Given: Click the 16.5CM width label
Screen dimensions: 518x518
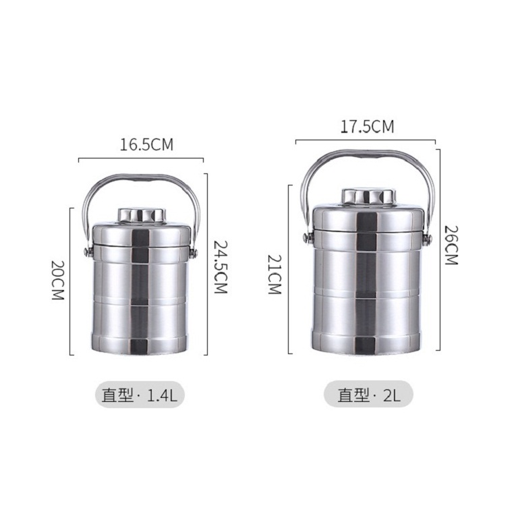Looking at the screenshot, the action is point(146,145).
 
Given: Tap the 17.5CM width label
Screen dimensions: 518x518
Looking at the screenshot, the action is point(368,127).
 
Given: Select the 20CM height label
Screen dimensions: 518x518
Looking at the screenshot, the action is point(57,280).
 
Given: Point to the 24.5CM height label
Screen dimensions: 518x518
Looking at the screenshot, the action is point(221,267).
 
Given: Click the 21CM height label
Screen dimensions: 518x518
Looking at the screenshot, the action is point(275,275).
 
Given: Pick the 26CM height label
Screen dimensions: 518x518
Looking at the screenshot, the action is point(451,245).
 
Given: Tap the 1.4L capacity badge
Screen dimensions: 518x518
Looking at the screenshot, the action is point(140,395).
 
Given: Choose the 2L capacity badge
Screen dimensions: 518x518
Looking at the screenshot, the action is point(368,394).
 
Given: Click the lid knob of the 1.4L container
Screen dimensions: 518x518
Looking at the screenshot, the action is point(142,215).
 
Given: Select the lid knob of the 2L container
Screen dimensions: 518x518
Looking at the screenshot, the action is point(368,196).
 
